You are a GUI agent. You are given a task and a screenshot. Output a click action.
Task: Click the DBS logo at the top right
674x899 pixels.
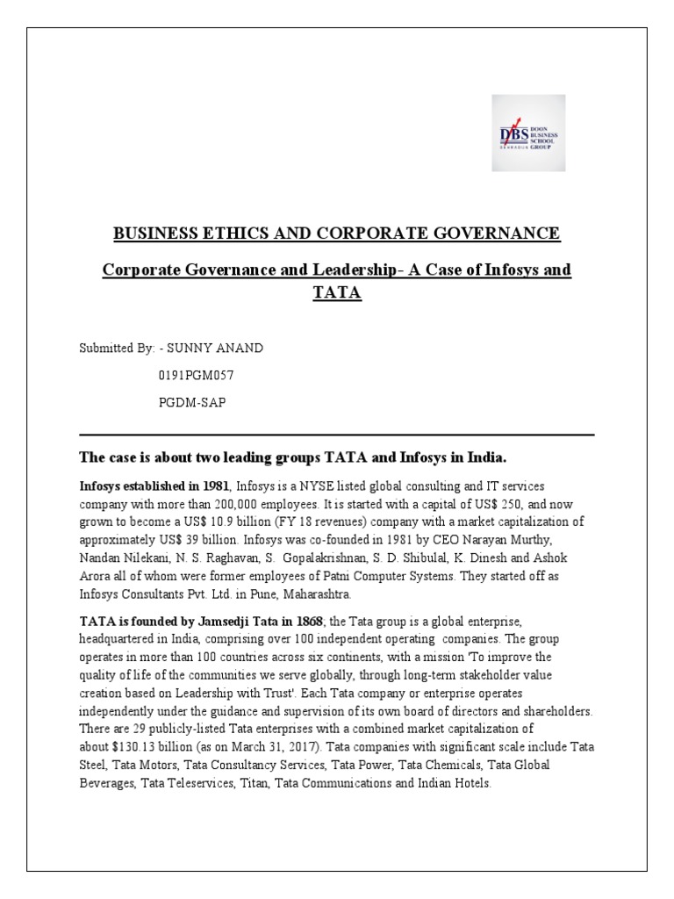pos(527,133)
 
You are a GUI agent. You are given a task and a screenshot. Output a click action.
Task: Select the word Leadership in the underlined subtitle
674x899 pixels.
pos(355,270)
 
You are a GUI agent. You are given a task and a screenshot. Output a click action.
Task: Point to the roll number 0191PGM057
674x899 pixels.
pos(196,376)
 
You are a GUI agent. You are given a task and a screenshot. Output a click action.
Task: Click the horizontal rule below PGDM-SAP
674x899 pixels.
pos(336,435)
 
